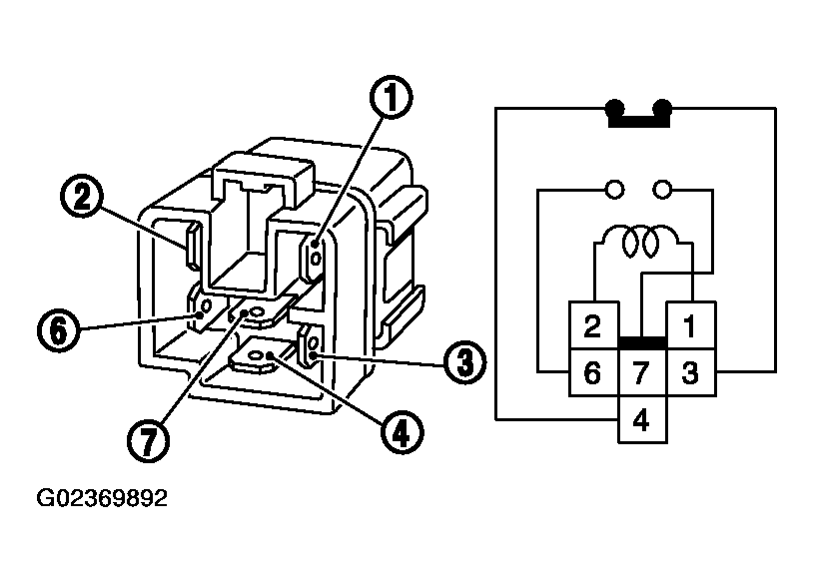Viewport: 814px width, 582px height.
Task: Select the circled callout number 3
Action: tap(460, 361)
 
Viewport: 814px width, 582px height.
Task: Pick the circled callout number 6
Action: tap(59, 328)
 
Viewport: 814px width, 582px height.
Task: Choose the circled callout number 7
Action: tap(148, 440)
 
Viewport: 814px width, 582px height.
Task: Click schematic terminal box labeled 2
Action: tap(592, 325)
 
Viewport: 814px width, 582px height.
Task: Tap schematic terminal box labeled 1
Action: tap(690, 325)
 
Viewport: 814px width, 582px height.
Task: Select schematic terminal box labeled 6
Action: tap(592, 373)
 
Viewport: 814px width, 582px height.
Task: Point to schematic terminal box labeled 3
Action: tap(690, 373)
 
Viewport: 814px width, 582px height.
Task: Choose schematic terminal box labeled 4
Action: tap(641, 420)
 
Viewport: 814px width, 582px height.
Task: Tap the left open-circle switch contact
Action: tap(615, 187)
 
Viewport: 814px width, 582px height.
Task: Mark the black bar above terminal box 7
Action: tap(641, 343)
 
